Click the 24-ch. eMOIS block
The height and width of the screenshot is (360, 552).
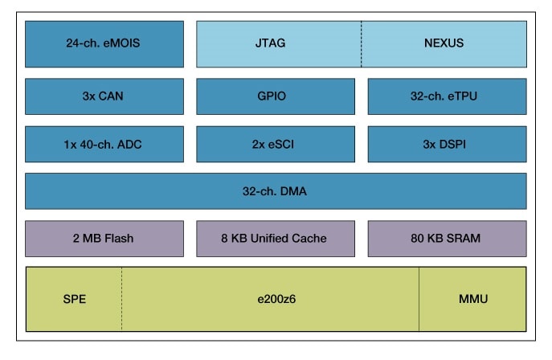[104, 43]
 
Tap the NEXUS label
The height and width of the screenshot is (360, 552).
[444, 43]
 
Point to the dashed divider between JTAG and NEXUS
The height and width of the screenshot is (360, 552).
[361, 43]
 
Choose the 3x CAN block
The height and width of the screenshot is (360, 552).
[104, 96]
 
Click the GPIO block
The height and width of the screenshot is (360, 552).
[275, 96]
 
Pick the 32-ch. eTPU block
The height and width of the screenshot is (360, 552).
[447, 96]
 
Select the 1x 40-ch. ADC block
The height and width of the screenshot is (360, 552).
[104, 144]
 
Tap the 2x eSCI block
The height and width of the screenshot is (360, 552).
[275, 144]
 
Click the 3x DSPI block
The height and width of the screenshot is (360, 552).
[447, 144]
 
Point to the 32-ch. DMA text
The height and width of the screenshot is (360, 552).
[275, 191]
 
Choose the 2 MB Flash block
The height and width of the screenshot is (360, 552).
[104, 238]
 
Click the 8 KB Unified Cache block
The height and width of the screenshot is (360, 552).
[275, 238]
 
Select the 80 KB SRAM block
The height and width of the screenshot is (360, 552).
[447, 238]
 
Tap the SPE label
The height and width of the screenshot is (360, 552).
[74, 299]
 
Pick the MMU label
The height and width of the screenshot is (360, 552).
[472, 299]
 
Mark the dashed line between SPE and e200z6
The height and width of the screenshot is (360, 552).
[122, 299]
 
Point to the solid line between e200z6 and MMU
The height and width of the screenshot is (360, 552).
[419, 299]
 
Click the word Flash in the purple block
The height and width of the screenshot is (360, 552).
[118, 238]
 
